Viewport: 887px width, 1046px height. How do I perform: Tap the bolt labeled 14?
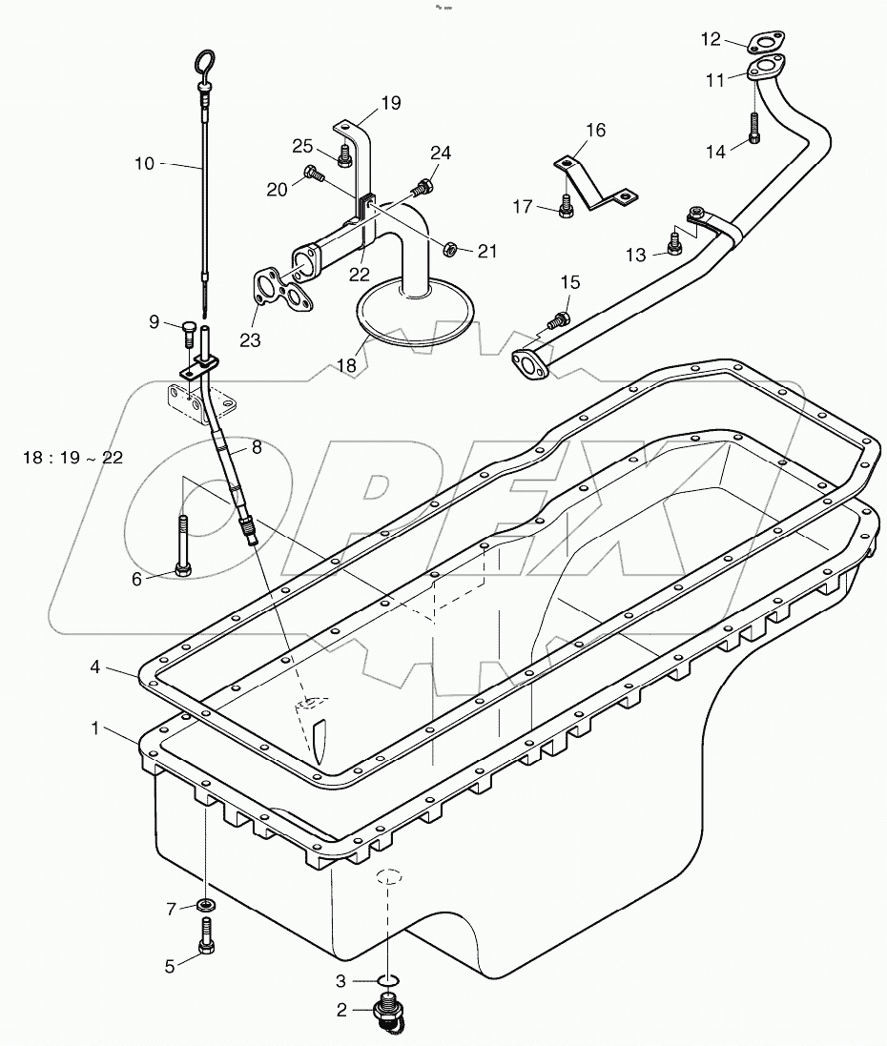[754, 128]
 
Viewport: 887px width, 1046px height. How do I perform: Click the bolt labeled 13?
[675, 245]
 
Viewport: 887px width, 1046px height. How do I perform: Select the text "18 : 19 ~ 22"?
[72, 457]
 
